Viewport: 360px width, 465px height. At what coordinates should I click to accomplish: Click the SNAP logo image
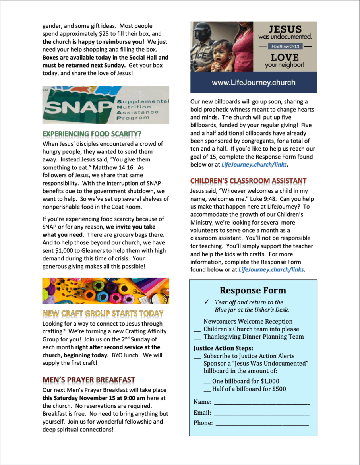pyautogui.click(x=106, y=105)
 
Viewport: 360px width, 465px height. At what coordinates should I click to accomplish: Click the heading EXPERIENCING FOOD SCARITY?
pyautogui.click(x=92, y=134)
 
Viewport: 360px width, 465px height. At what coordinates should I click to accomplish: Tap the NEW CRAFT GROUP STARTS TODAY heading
pyautogui.click(x=103, y=313)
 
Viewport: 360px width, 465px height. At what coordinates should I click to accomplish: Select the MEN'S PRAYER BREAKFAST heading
pyautogui.click(x=89, y=380)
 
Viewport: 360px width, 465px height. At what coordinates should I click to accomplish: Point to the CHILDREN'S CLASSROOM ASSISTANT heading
pyautogui.click(x=248, y=181)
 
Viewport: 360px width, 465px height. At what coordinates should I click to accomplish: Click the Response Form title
pyautogui.click(x=253, y=291)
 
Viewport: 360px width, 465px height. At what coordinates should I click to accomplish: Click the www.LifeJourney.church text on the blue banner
pyautogui.click(x=253, y=83)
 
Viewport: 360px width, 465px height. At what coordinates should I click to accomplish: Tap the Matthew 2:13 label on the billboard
pyautogui.click(x=285, y=46)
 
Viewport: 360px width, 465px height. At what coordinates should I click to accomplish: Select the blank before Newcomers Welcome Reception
pyautogui.click(x=197, y=322)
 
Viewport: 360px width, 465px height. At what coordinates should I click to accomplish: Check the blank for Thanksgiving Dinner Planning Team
pyautogui.click(x=197, y=337)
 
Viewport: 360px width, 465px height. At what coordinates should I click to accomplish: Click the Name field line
pyautogui.click(x=261, y=403)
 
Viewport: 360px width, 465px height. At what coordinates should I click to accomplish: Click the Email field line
pyautogui.click(x=261, y=413)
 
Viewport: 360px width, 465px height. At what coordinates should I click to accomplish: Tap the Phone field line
pyautogui.click(x=262, y=424)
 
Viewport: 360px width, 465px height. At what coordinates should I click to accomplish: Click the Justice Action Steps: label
pyautogui.click(x=217, y=348)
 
